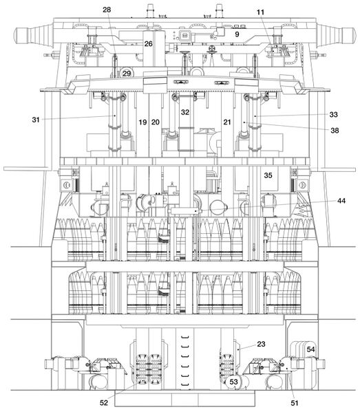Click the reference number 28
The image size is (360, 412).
click(x=107, y=10)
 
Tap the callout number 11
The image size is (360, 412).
click(x=260, y=12)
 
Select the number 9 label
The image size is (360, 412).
click(x=237, y=34)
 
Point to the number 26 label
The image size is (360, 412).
click(x=148, y=43)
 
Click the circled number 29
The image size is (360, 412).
click(x=127, y=74)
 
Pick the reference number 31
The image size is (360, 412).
click(x=36, y=120)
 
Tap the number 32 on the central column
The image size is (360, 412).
click(x=185, y=112)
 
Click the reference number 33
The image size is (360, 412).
click(x=333, y=115)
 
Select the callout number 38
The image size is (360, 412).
click(x=335, y=130)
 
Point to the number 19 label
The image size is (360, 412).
click(x=142, y=122)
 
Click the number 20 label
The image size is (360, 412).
click(x=156, y=122)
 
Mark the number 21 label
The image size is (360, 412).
click(x=227, y=122)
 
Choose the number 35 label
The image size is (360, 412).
click(x=268, y=175)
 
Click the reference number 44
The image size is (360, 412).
click(x=341, y=201)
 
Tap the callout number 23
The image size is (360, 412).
click(x=261, y=344)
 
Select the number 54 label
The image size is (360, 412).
click(x=311, y=349)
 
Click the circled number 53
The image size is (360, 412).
click(x=234, y=382)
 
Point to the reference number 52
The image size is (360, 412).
click(x=104, y=402)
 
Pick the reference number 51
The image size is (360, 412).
click(x=295, y=403)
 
